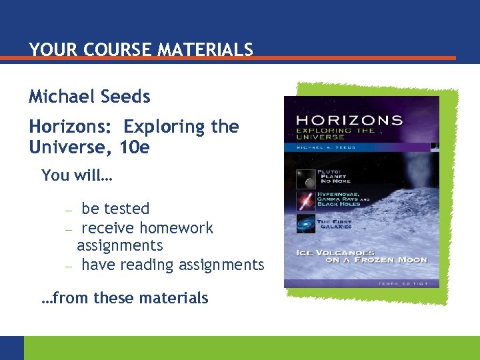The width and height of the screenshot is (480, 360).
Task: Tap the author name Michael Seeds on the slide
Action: point(89,97)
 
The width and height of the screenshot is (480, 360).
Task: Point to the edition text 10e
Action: point(135,146)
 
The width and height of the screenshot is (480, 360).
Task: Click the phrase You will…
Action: point(77,176)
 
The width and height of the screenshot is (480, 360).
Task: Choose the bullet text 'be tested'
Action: point(115,209)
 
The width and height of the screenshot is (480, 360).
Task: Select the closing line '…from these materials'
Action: point(125,298)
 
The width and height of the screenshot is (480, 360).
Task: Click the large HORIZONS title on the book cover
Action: point(349,121)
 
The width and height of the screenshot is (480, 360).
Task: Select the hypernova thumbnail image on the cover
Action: point(306,201)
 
